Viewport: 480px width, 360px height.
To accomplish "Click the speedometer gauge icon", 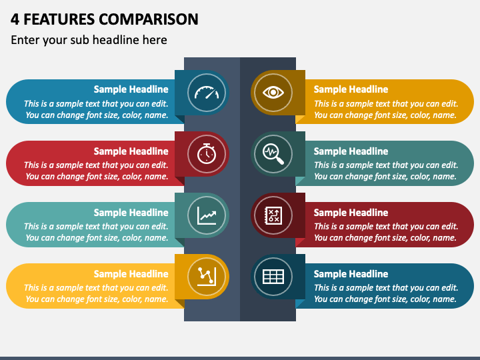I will [x=206, y=92].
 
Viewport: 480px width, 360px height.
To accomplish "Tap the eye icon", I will [x=273, y=92].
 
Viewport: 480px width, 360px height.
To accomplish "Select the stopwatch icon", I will [x=206, y=153].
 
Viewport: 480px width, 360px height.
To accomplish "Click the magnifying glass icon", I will [x=273, y=153].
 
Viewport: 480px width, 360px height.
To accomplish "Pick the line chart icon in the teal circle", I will [x=206, y=215].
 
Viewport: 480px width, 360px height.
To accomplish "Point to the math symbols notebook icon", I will [x=273, y=215].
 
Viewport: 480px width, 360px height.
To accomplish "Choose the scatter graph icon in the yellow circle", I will [x=206, y=276].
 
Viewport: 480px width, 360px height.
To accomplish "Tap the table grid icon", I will [x=273, y=276].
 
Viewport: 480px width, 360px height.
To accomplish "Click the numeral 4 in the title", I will [x=15, y=19].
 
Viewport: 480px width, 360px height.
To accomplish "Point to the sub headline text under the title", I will [x=89, y=40].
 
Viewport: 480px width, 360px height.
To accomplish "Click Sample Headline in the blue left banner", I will [x=131, y=89].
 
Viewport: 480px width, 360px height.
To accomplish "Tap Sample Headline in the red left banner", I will [x=131, y=151].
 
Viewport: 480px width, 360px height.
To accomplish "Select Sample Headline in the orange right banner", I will [x=351, y=89].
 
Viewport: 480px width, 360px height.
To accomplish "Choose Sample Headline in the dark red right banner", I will [x=351, y=213].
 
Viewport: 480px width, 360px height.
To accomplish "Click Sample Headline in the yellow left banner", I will [x=131, y=274].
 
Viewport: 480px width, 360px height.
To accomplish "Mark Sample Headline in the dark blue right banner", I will [x=351, y=274].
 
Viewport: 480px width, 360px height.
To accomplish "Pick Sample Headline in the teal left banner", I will [x=131, y=213].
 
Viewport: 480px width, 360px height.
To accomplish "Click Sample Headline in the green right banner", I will [x=351, y=151].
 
